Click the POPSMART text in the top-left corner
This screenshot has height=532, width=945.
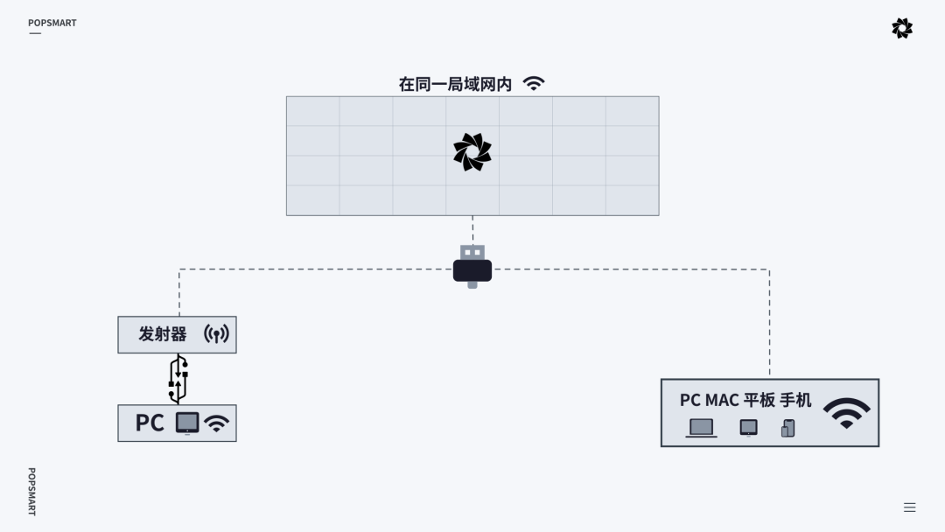(52, 23)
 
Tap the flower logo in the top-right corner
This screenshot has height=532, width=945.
(902, 28)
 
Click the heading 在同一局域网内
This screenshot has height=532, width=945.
(455, 84)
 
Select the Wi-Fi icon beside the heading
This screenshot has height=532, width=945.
(534, 84)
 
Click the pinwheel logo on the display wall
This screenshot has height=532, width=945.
(472, 152)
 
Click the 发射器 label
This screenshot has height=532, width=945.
(163, 334)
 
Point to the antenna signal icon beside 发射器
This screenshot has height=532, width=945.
(216, 334)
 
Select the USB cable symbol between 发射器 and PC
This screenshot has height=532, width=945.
(178, 379)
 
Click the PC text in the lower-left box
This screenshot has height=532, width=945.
(150, 423)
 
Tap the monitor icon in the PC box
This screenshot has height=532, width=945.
(187, 423)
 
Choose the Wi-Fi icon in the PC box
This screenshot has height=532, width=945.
(216, 423)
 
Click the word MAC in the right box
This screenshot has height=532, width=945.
(723, 400)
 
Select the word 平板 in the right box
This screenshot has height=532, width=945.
(759, 400)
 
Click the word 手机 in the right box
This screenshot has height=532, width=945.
(795, 400)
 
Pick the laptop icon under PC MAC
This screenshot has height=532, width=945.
(701, 428)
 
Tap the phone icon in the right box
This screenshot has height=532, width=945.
(788, 428)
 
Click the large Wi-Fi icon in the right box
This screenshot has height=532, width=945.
(846, 412)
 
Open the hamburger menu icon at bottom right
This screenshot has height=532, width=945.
(909, 507)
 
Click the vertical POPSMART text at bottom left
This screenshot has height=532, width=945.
(31, 491)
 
